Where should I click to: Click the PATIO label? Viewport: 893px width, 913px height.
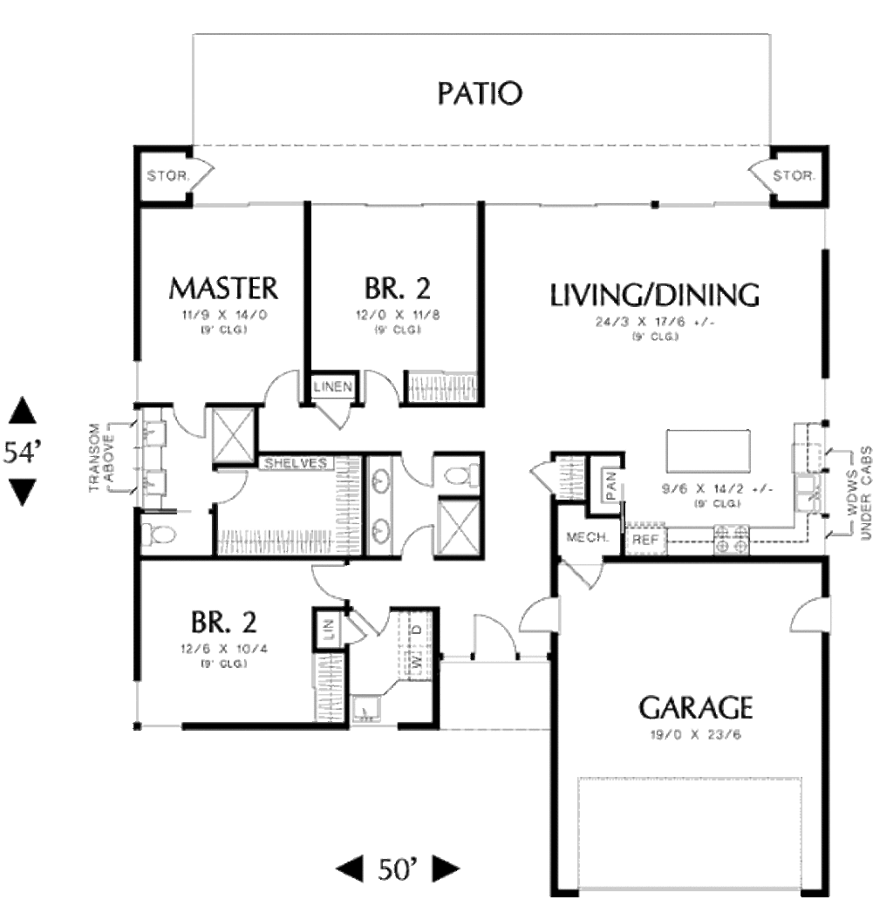click(481, 93)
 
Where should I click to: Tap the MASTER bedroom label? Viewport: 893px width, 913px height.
click(223, 287)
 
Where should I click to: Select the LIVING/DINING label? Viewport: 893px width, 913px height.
click(654, 296)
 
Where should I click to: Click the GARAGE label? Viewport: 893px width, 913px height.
click(695, 706)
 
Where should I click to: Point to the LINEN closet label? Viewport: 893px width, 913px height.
click(332, 386)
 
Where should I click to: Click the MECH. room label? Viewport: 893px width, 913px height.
click(587, 537)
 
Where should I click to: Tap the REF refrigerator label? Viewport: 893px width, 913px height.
click(645, 540)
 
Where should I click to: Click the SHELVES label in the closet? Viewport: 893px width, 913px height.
click(297, 462)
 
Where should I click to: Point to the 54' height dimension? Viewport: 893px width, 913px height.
click(22, 452)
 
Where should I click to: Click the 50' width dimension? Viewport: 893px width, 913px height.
click(398, 869)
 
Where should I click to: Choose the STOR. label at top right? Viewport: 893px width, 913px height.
click(794, 176)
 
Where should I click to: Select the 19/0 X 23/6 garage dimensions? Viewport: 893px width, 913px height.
click(695, 734)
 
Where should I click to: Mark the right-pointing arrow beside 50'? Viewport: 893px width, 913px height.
click(446, 868)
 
